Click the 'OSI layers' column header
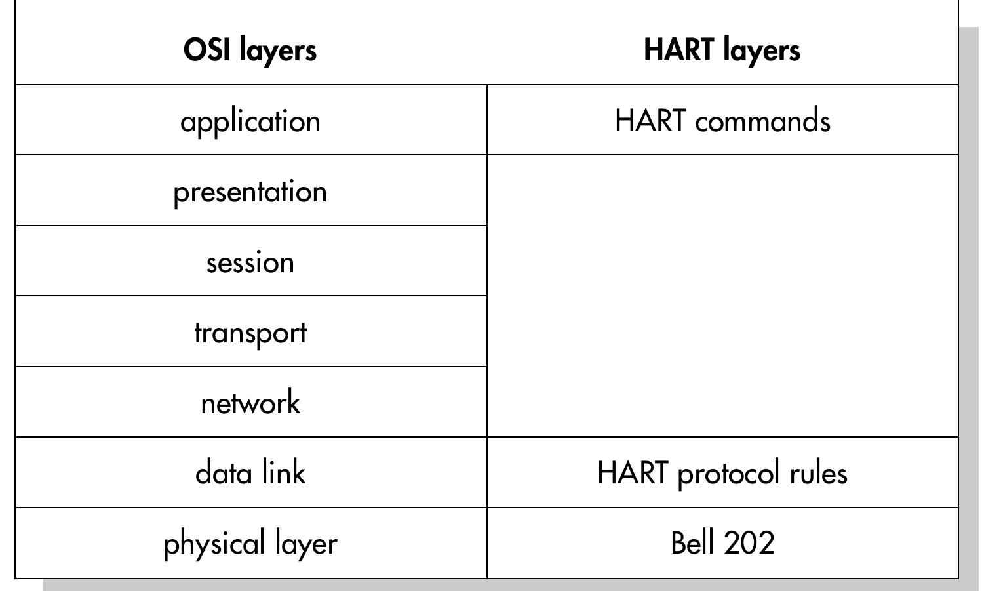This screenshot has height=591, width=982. tap(250, 50)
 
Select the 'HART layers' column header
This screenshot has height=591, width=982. tap(722, 50)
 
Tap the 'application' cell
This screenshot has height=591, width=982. tap(250, 121)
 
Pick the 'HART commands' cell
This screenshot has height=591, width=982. tap(722, 121)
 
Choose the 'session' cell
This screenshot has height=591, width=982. tap(250, 262)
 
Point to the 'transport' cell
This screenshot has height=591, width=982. tap(250, 333)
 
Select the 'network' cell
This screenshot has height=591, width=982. tap(250, 403)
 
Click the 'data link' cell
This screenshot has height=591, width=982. tap(250, 473)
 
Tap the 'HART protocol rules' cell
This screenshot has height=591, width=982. tap(722, 473)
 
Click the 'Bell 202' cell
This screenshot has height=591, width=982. tap(722, 543)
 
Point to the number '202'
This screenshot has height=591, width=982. tap(749, 543)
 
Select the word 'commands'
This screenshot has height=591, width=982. tap(762, 121)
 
